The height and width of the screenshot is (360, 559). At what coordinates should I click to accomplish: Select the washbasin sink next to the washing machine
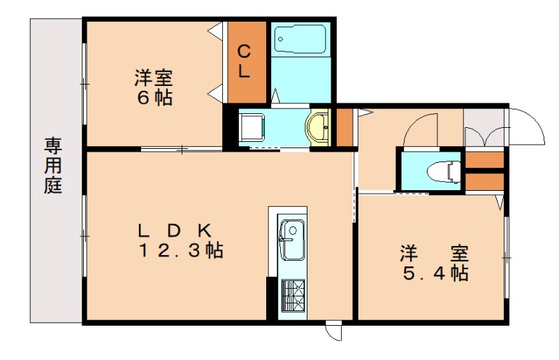pos(319,127)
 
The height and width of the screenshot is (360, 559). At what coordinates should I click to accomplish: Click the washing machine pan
pos(252,127)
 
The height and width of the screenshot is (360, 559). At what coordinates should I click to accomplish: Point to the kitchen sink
pos(291,238)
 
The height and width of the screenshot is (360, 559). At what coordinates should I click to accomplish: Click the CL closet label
pos(245,61)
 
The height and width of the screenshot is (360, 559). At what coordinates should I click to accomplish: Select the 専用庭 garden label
pos(54,166)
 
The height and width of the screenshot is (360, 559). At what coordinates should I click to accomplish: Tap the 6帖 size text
pos(154,98)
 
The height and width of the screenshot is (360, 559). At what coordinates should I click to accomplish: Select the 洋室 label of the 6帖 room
pos(154,78)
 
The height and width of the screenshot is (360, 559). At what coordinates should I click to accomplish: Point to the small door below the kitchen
pos(333,330)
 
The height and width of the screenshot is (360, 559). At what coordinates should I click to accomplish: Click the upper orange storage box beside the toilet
pos(485,160)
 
